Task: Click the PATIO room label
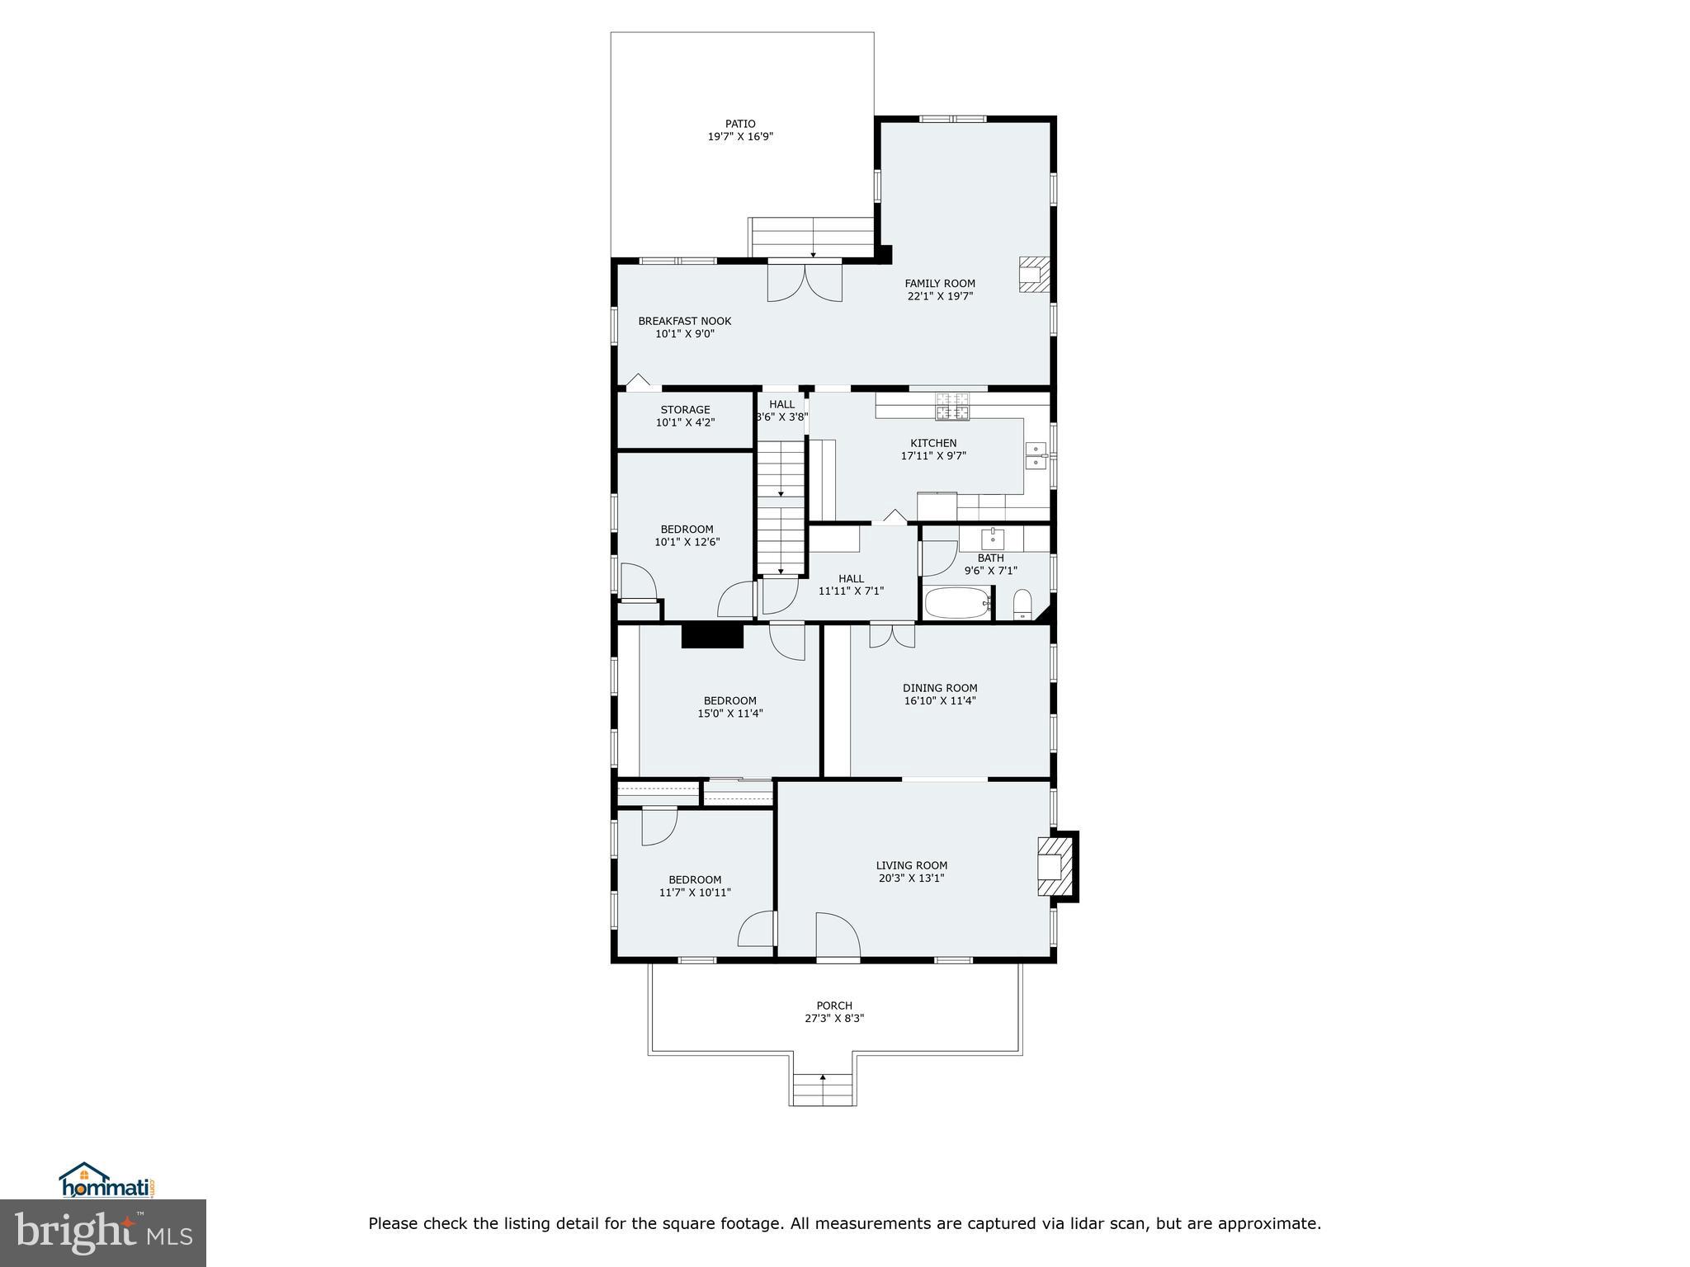click(740, 124)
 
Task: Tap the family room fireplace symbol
click(1033, 275)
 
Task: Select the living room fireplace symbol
click(1055, 866)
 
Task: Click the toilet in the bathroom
click(1022, 605)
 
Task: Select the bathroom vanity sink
click(992, 539)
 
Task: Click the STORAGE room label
click(685, 410)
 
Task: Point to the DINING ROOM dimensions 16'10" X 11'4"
click(940, 701)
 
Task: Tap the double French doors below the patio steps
click(805, 281)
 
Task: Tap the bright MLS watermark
click(103, 1233)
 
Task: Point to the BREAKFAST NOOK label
click(684, 322)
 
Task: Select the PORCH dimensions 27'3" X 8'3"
click(834, 1019)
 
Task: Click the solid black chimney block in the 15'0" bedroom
click(712, 636)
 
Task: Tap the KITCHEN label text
click(933, 443)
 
